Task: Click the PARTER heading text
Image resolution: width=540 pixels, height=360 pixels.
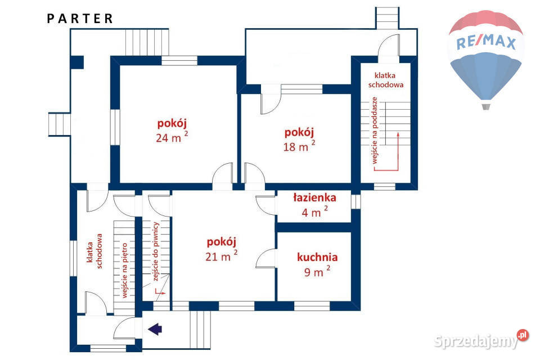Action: pyautogui.click(x=80, y=19)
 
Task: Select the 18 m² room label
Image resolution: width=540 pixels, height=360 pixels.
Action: pyautogui.click(x=299, y=139)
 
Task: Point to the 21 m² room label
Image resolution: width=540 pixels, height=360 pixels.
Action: pyautogui.click(x=221, y=249)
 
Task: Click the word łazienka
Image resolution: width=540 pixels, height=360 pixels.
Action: pyautogui.click(x=315, y=197)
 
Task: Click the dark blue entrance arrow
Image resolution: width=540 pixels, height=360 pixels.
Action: pyautogui.click(x=155, y=329)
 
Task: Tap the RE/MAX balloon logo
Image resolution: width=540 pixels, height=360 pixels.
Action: pyautogui.click(x=486, y=59)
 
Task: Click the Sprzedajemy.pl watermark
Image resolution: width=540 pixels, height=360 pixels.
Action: pyautogui.click(x=481, y=340)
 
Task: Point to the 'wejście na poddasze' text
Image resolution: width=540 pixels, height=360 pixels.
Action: pyautogui.click(x=375, y=130)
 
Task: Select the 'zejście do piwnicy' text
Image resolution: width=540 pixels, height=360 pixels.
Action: pyautogui.click(x=155, y=251)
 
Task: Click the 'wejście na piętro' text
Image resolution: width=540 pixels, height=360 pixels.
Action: pyautogui.click(x=125, y=271)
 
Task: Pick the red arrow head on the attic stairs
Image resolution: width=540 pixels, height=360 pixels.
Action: pyautogui.click(x=398, y=134)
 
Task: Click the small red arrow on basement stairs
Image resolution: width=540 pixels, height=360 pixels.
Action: pyautogui.click(x=160, y=292)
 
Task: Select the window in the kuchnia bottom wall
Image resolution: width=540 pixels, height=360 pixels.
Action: pyautogui.click(x=312, y=306)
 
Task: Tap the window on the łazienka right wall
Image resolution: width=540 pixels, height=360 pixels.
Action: pyautogui.click(x=355, y=201)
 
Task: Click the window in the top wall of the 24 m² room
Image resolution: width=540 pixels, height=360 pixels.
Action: pyautogui.click(x=179, y=61)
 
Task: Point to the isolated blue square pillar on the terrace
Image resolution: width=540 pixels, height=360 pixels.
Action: pyautogui.click(x=77, y=62)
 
